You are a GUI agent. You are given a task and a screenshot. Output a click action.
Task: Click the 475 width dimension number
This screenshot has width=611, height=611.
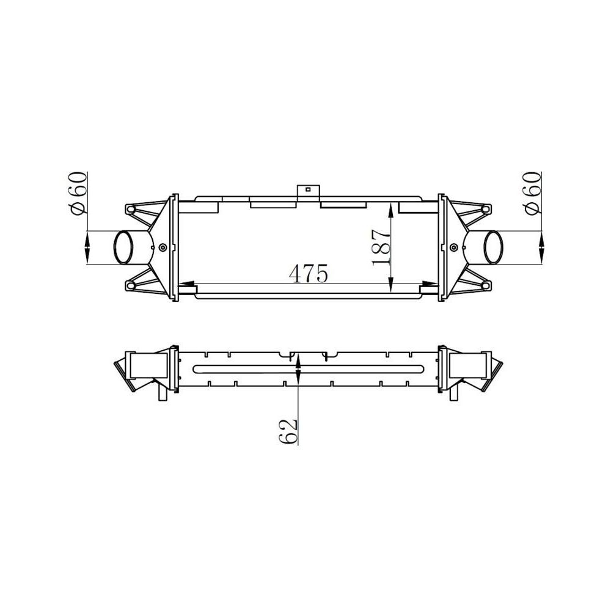pos(309,274)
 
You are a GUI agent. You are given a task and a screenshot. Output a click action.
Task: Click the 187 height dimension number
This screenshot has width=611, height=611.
pos(381,247)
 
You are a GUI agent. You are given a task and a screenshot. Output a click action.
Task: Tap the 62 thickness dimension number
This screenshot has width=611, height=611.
pos(288,432)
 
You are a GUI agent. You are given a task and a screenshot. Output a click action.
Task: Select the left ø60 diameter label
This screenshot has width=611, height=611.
pos(76,193)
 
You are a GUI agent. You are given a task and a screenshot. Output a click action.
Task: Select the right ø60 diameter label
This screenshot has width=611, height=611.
pos(532,193)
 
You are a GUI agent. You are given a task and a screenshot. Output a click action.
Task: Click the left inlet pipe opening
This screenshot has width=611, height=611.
pos(123,247)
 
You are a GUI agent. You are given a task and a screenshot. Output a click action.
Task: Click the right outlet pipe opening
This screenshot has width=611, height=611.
pos(493,247)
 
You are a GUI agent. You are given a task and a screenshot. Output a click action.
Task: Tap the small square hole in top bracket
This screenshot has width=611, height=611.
pos(308,189)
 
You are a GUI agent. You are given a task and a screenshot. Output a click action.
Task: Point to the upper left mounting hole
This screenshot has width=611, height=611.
pos(131,210)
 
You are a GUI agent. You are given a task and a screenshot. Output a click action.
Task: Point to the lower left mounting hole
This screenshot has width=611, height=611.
pos(131,285)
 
